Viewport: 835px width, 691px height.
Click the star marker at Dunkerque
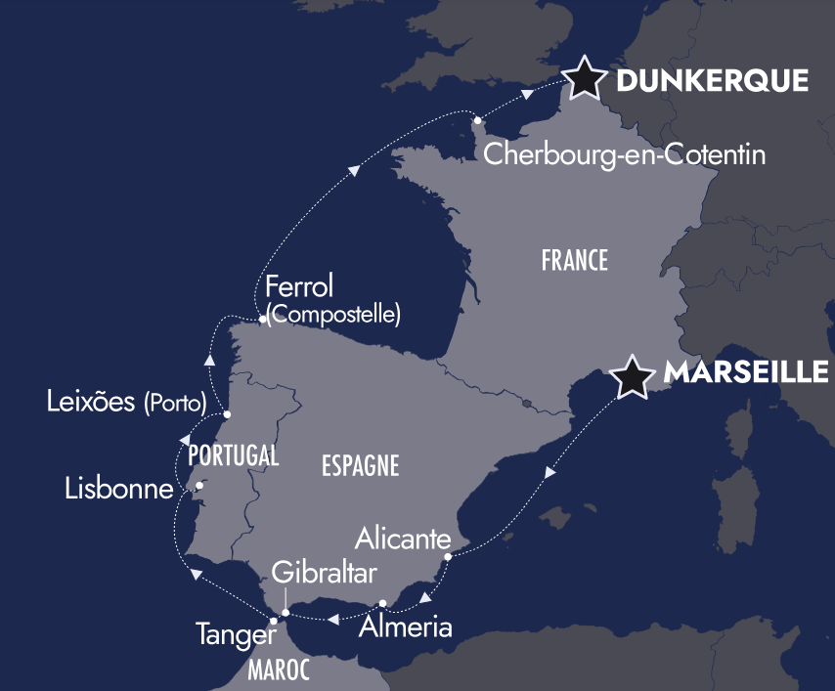point(583,77)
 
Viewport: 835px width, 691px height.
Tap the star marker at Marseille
point(631,375)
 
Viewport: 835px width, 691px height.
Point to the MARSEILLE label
point(746,372)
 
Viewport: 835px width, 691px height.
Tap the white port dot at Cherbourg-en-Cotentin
point(478,121)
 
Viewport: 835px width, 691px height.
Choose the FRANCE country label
point(574,261)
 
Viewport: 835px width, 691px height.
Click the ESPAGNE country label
point(360,466)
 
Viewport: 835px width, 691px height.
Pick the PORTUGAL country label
point(234,455)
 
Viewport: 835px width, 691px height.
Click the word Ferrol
point(299,287)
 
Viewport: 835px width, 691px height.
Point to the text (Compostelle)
point(333,315)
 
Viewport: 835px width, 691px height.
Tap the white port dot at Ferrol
point(263,319)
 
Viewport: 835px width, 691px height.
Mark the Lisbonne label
point(119,489)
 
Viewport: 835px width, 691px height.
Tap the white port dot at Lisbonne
point(199,486)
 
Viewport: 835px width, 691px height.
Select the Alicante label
point(403,539)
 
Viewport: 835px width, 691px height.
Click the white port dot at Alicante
point(447,557)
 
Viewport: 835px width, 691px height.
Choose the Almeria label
point(406,626)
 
